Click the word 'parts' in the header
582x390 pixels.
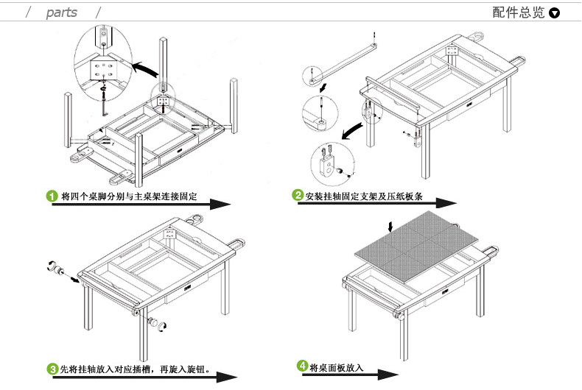click(x=62, y=13)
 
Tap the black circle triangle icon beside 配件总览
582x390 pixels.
click(x=555, y=13)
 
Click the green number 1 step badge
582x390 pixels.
click(x=52, y=196)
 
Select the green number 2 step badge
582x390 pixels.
click(x=298, y=195)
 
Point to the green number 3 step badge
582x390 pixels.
click(x=53, y=369)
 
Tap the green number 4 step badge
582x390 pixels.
click(x=303, y=366)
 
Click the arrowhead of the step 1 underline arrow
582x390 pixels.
click(x=221, y=204)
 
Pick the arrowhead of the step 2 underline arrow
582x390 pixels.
click(x=446, y=203)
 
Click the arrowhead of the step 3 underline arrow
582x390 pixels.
click(x=227, y=377)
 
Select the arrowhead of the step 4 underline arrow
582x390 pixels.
click(x=388, y=375)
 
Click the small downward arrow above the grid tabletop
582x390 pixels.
click(x=390, y=227)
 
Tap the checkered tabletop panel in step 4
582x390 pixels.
click(x=416, y=247)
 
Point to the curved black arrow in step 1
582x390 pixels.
click(x=145, y=69)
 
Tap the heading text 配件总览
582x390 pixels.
click(x=518, y=13)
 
